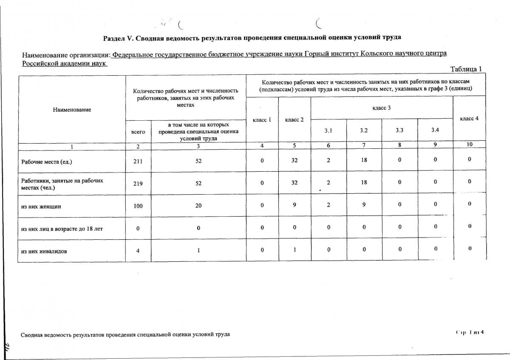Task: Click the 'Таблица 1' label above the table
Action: click(466, 69)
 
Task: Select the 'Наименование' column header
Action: click(72, 110)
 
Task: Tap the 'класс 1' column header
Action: click(262, 120)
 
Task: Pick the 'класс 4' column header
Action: click(469, 119)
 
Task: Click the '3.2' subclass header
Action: click(364, 130)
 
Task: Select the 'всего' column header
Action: click(138, 132)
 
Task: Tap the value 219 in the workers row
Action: click(138, 184)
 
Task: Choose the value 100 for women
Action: click(138, 206)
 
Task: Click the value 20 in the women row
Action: click(198, 206)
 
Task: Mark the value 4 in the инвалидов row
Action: click(138, 251)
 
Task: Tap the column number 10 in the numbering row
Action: click(469, 145)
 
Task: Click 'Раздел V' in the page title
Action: click(119, 38)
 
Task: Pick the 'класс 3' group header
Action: click(381, 108)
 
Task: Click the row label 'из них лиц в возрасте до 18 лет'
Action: click(62, 229)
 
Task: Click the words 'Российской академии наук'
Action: click(64, 63)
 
